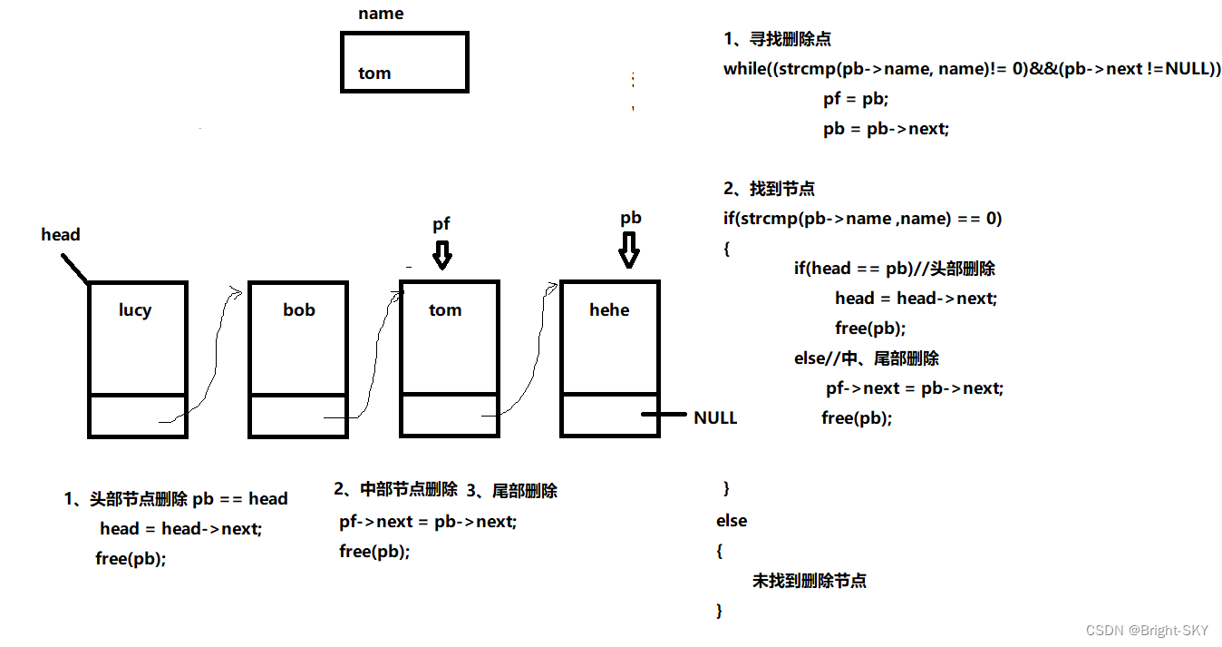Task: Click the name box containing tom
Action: coord(404,63)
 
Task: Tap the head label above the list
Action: coord(61,235)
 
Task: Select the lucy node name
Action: coord(135,310)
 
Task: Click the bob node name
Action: coord(299,310)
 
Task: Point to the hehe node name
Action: coord(609,310)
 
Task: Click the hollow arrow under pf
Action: coord(441,253)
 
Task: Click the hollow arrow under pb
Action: coord(629,250)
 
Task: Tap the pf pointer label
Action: coord(441,224)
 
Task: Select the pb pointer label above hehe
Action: coord(631,219)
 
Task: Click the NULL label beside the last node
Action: coord(715,418)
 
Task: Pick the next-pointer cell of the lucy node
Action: coord(138,417)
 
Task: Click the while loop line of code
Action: coord(972,69)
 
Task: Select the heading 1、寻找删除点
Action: coord(777,39)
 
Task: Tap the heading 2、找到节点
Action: coord(769,189)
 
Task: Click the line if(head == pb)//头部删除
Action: coord(895,269)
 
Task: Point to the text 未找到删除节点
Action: coord(809,581)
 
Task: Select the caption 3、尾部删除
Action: coord(512,492)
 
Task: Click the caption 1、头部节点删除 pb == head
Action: coord(176,499)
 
